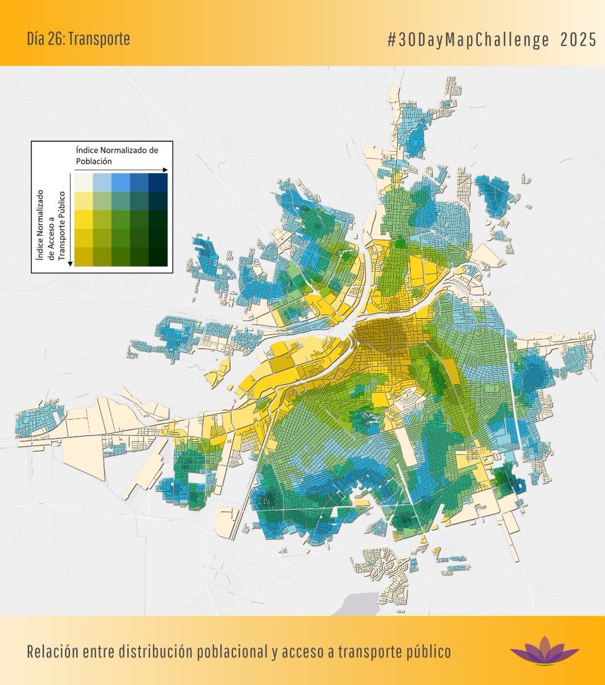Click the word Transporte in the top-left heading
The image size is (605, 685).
click(x=102, y=39)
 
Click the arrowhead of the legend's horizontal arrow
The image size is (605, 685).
click(x=165, y=170)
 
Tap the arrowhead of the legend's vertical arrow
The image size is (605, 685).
click(x=70, y=263)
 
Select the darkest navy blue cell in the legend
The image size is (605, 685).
click(x=157, y=183)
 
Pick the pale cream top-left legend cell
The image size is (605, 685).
click(x=84, y=183)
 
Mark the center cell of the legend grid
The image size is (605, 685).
click(x=120, y=220)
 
